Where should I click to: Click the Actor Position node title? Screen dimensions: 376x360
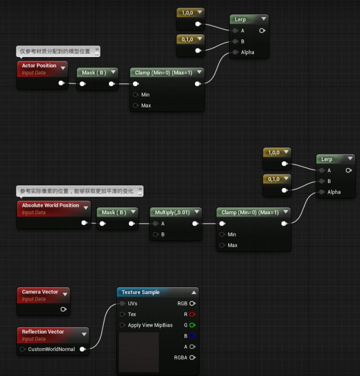pyautogui.click(x=39, y=65)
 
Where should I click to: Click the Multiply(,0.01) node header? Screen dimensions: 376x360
pyautogui.click(x=171, y=212)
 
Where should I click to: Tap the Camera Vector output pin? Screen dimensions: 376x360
pyautogui.click(x=63, y=309)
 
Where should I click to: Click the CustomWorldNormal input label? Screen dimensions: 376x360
pyautogui.click(x=51, y=349)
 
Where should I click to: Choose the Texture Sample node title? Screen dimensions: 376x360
pyautogui.click(x=140, y=292)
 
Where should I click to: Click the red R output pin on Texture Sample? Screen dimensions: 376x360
pyautogui.click(x=192, y=314)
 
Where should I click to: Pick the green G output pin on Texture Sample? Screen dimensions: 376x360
pyautogui.click(x=192, y=325)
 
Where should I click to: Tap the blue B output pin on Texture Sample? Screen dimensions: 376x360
pyautogui.click(x=192, y=336)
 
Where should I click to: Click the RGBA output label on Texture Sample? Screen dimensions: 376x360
pyautogui.click(x=180, y=357)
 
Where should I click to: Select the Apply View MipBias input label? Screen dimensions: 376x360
pyautogui.click(x=150, y=325)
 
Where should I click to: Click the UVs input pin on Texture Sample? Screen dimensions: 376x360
pyautogui.click(x=122, y=303)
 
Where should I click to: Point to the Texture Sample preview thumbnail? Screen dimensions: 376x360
pyautogui.click(x=138, y=352)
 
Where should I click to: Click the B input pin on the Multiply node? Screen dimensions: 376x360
pyautogui.click(x=155, y=234)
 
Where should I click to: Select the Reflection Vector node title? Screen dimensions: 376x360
pyautogui.click(x=43, y=331)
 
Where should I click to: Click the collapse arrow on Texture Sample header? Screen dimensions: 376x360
pyautogui.click(x=193, y=292)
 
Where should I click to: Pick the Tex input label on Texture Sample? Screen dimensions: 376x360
pyautogui.click(x=131, y=314)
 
